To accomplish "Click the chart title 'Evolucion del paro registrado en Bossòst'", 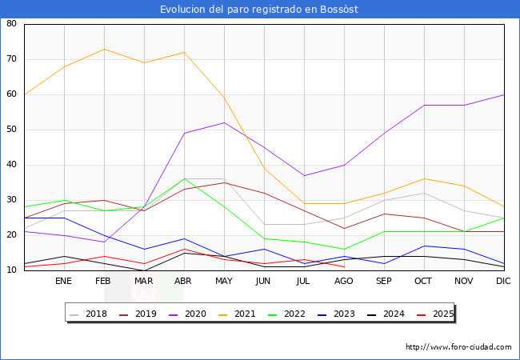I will [259, 10].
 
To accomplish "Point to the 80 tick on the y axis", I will [12, 24].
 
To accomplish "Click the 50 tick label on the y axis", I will [12, 130].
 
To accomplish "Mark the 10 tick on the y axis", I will [12, 270].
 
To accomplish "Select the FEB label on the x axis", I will [104, 282].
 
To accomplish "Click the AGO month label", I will [344, 282].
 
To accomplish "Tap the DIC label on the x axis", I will [503, 282].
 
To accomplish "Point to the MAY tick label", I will [224, 282].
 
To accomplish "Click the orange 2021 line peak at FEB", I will [104, 49].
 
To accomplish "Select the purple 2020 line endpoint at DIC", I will [504, 94].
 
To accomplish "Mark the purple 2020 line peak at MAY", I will [224, 122].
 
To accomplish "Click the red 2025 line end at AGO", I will [344, 267].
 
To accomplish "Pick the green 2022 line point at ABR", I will [184, 178].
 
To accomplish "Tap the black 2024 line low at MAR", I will [144, 270].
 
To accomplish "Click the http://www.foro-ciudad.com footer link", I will [458, 347].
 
